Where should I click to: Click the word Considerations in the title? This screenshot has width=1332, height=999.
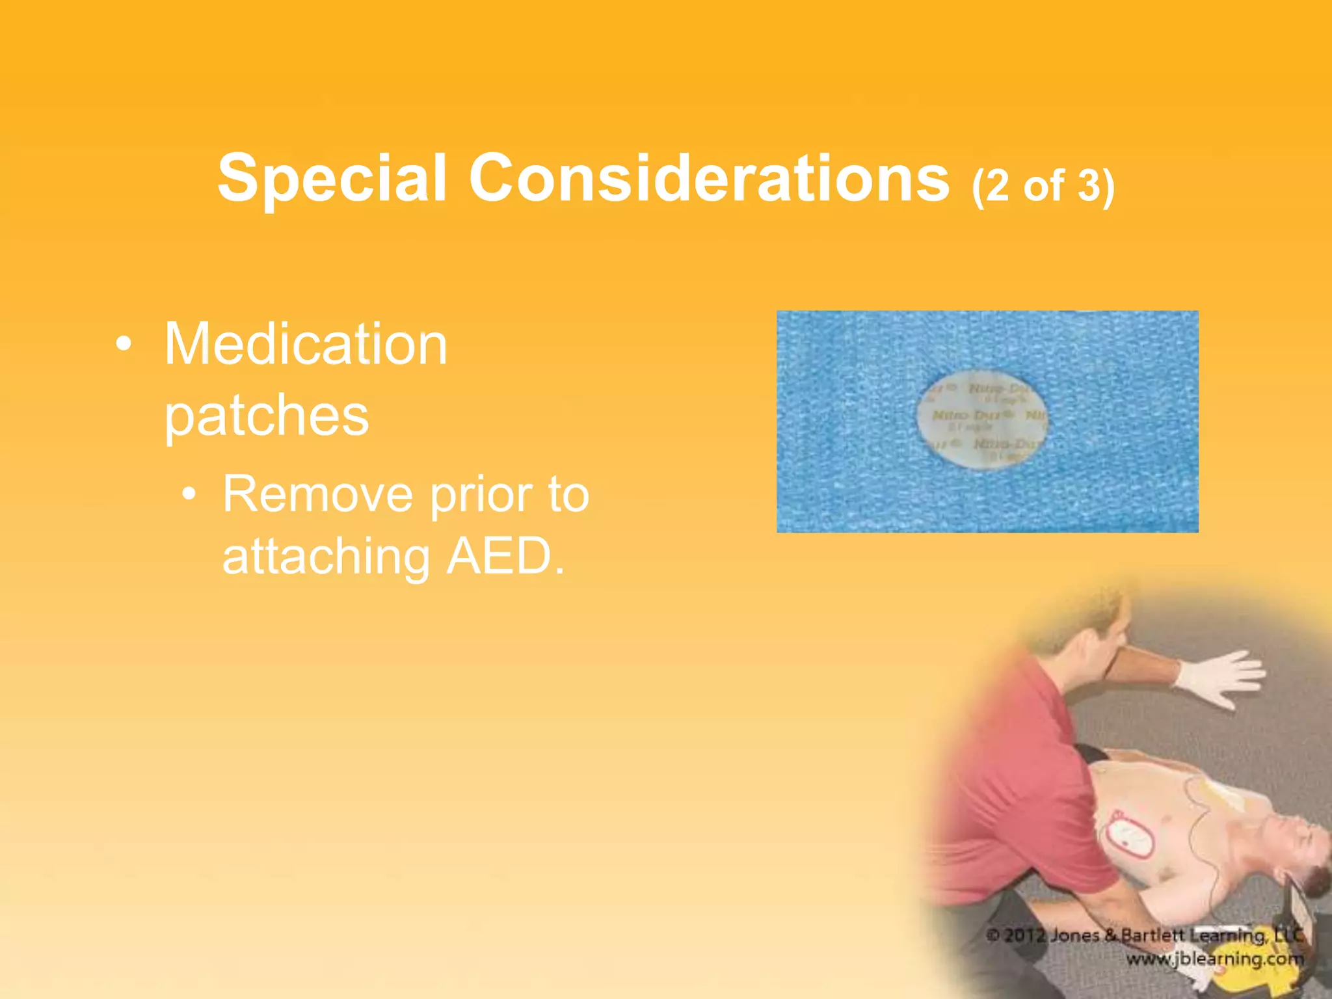coord(709,178)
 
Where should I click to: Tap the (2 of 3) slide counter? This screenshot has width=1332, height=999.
coord(1043,186)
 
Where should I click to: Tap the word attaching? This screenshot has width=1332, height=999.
coord(325,558)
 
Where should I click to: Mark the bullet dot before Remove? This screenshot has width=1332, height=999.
coord(189,494)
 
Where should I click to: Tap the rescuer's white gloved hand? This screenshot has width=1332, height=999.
coord(1223,680)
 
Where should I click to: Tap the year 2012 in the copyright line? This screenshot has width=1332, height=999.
coord(1024,936)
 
